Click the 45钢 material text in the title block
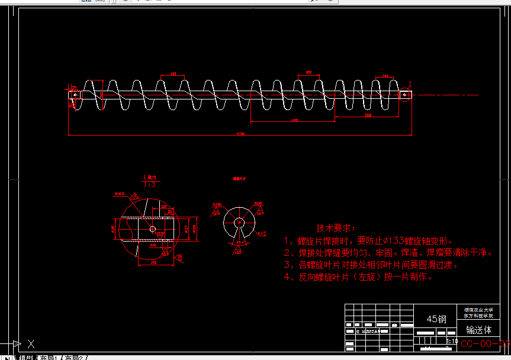[x=437, y=319]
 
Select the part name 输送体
[x=478, y=330]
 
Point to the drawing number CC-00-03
[x=484, y=343]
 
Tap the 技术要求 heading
[x=335, y=228]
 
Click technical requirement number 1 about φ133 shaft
[x=368, y=241]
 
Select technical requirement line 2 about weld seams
[x=388, y=253]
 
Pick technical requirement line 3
[x=371, y=265]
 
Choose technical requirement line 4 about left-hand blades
[x=358, y=277]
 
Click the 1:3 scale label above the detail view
[x=150, y=184]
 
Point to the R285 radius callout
[x=217, y=204]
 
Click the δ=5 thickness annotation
[x=262, y=233]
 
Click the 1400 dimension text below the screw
[x=294, y=121]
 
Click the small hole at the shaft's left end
[x=75, y=94]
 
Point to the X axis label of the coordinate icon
[x=31, y=343]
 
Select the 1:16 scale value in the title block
[x=452, y=342]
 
